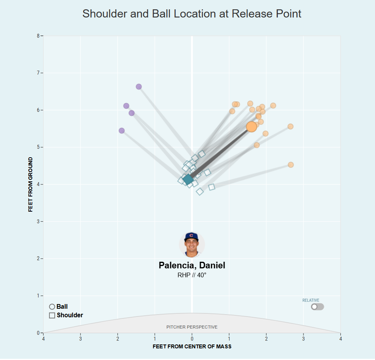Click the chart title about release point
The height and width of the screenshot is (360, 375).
(192, 14)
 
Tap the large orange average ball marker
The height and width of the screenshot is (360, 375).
(251, 127)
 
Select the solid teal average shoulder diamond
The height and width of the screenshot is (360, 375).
(188, 179)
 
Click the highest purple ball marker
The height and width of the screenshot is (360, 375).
(139, 87)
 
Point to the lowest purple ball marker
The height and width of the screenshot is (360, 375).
(122, 130)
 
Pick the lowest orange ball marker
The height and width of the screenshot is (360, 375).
(291, 165)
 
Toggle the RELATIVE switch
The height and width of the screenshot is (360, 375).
(317, 307)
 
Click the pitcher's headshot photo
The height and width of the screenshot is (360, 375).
(192, 245)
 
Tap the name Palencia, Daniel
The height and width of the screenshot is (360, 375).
(192, 265)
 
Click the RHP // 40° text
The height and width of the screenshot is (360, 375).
(192, 275)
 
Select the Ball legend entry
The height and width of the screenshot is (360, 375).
(59, 307)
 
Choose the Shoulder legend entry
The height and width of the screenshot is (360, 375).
(66, 315)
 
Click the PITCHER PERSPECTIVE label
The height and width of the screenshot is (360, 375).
(192, 327)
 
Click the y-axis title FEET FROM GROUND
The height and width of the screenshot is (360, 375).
(31, 184)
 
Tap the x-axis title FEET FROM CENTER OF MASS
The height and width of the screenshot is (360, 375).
(192, 346)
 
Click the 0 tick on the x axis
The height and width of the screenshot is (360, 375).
(192, 339)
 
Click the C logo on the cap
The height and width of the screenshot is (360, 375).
(191, 235)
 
